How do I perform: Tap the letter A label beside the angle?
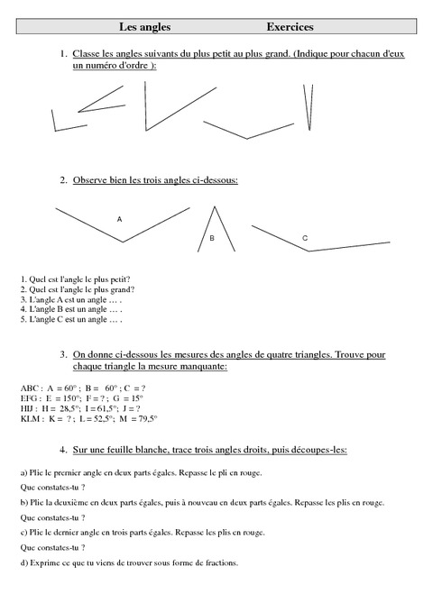click(119, 219)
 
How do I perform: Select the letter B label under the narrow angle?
click(212, 239)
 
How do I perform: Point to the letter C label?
click(305, 238)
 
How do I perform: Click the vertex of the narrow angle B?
click(215, 206)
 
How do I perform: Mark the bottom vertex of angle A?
click(123, 242)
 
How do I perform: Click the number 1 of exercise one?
click(64, 55)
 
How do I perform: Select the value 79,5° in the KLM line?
click(144, 419)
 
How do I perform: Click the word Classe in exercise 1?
click(88, 55)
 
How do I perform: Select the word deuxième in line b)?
click(66, 503)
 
